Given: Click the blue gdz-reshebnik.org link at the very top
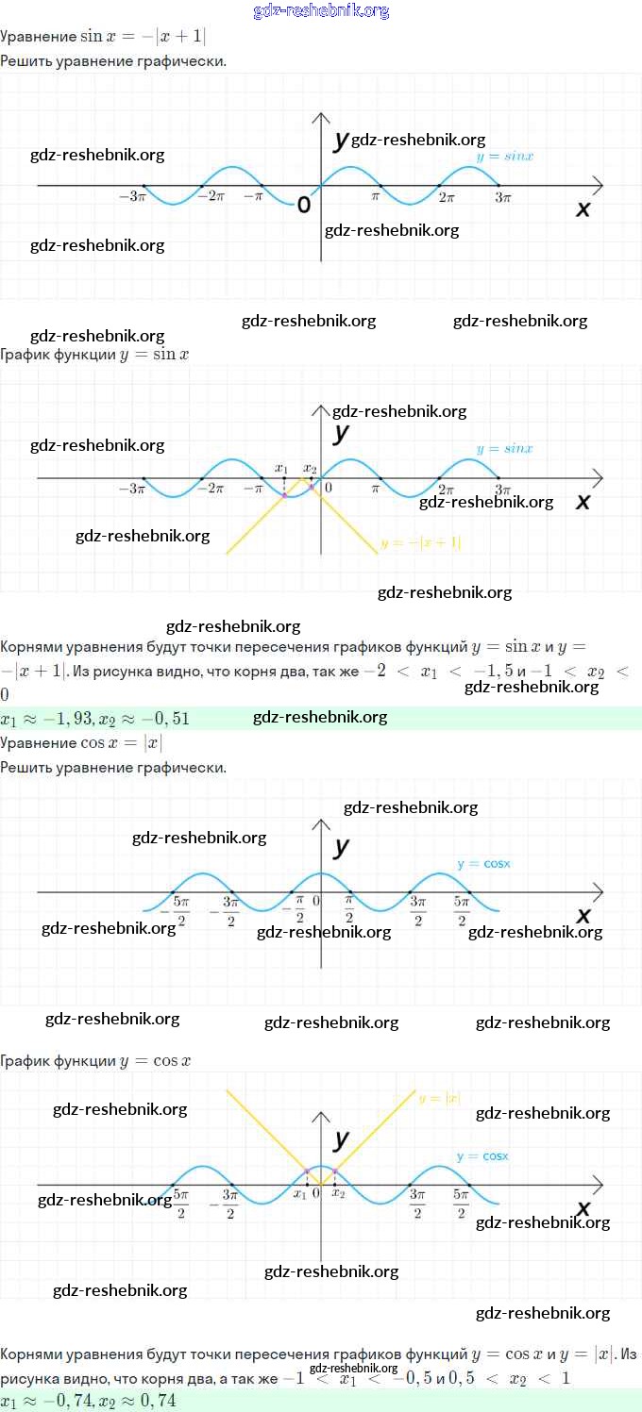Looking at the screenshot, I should point(321,11).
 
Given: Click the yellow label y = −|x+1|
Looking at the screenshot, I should point(420,543).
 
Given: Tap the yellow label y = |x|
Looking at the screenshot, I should point(439,1098).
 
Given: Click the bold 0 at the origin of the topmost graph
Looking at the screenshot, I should point(304,205).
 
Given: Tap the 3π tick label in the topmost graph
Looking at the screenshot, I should point(502,198).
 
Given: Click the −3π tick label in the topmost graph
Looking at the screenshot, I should point(131,198).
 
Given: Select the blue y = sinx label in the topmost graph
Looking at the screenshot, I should point(504,157).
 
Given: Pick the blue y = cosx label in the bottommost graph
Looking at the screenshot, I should point(481,1155).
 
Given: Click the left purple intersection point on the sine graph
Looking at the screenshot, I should point(284,495).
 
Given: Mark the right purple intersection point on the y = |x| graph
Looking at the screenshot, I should point(335,1171).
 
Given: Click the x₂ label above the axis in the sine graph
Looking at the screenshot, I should point(310,468).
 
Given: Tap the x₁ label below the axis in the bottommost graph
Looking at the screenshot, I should point(300,1194).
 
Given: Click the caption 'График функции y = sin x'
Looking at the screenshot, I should point(94,355).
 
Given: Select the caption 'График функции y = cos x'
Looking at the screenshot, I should point(95,1060).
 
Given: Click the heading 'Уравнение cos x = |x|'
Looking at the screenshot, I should point(81,743).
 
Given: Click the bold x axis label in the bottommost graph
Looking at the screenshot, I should point(583,1208).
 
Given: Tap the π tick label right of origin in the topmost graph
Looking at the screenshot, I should point(375,198).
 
